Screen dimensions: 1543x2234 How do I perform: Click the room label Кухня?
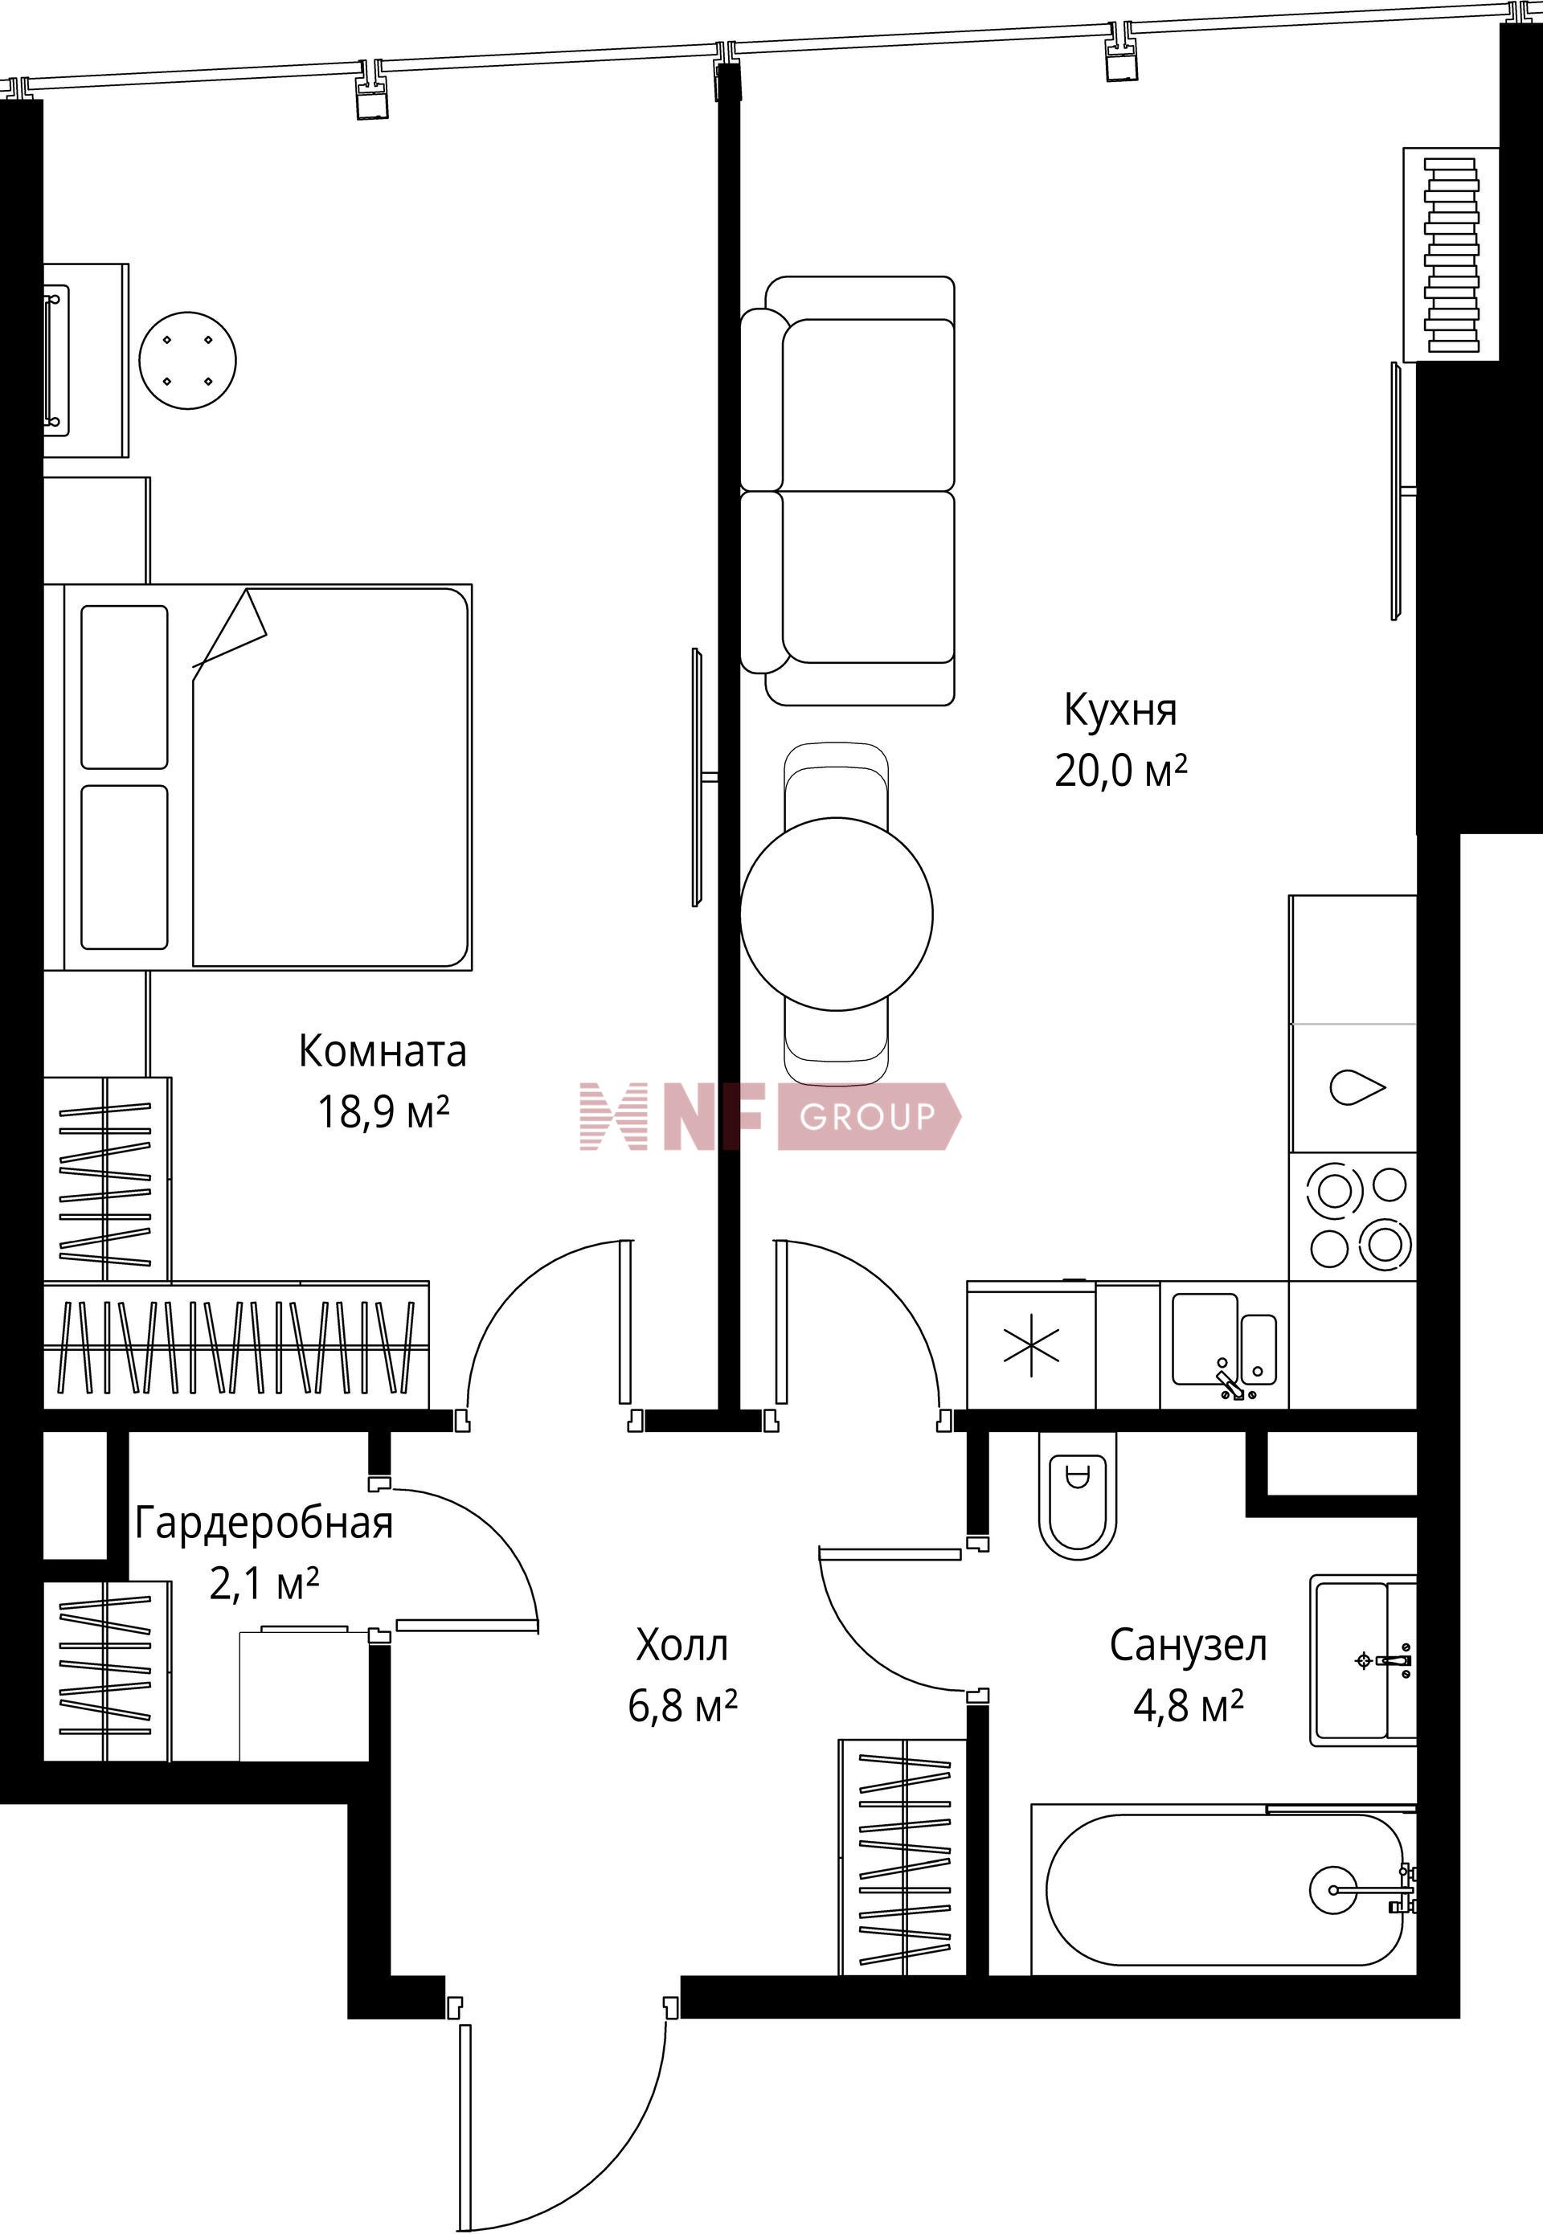[x=1120, y=711]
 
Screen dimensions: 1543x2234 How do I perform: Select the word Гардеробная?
[x=264, y=1523]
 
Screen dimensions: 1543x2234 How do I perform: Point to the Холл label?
[x=681, y=1644]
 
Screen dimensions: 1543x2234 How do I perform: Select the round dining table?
[x=837, y=914]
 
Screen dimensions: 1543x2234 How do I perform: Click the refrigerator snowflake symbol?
[x=1032, y=1344]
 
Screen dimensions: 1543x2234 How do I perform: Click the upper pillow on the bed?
[x=124, y=687]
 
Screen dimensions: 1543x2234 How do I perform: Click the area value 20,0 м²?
[x=1120, y=771]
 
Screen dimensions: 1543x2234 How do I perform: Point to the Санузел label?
[x=1188, y=1645]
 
